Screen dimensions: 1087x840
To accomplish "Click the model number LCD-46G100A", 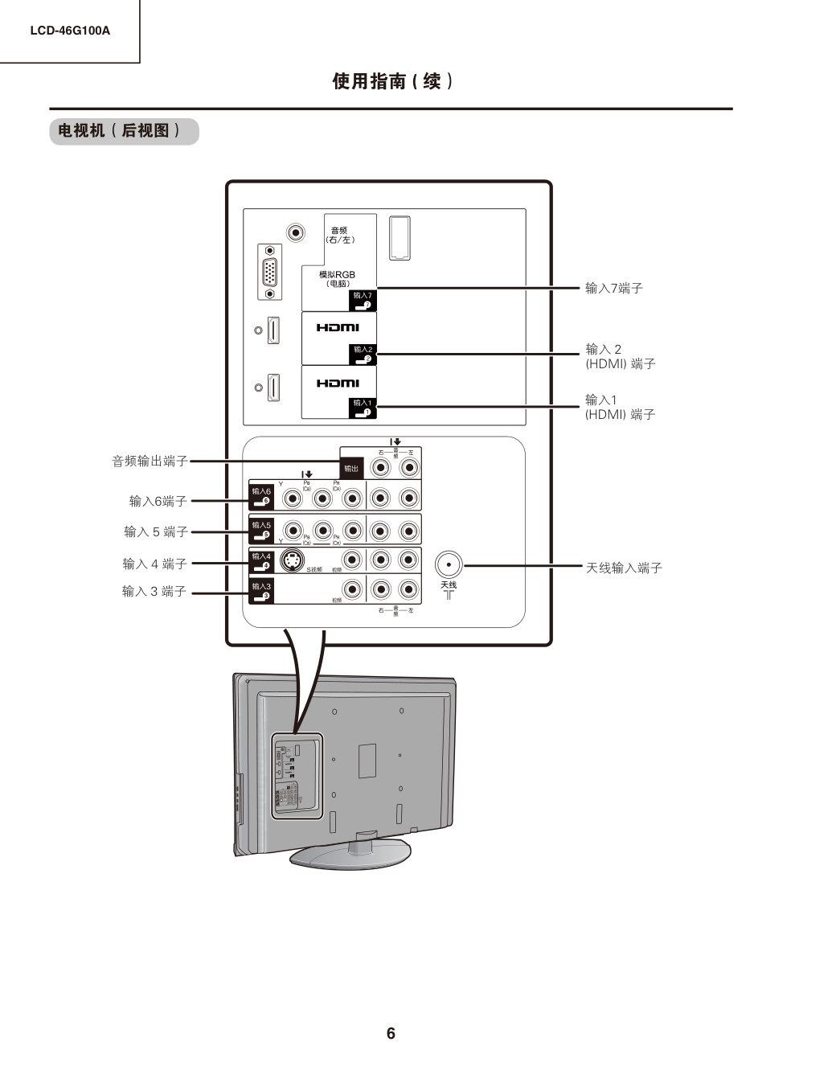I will pyautogui.click(x=70, y=31).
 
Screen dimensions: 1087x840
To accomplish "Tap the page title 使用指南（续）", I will pyautogui.click(x=393, y=81).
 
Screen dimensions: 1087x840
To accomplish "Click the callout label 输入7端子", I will pyautogui.click(x=613, y=288).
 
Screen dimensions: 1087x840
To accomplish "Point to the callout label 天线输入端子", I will pyautogui.click(x=624, y=568).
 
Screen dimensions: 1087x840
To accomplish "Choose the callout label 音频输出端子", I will pyautogui.click(x=150, y=461).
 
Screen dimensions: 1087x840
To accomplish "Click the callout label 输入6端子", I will pyautogui.click(x=158, y=501).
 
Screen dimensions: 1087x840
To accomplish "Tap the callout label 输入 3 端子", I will pyautogui.click(x=154, y=591).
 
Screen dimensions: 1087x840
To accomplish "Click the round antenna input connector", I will pyautogui.click(x=449, y=564).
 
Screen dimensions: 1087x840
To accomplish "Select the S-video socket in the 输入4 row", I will pyautogui.click(x=293, y=560).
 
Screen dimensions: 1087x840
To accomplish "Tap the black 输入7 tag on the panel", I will pyautogui.click(x=363, y=300).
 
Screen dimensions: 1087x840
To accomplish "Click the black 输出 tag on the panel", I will pyautogui.click(x=351, y=468).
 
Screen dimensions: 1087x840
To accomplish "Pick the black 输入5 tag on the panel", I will pyautogui.click(x=261, y=528).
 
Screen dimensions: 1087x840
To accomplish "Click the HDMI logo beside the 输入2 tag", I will pyautogui.click(x=338, y=327).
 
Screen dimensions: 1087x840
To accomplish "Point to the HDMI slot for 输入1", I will pyautogui.click(x=273, y=387).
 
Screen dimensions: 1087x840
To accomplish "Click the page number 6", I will pyautogui.click(x=391, y=1033).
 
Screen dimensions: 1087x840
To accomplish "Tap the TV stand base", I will pyautogui.click(x=351, y=853).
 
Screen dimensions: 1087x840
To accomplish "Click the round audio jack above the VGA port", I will pyautogui.click(x=297, y=233).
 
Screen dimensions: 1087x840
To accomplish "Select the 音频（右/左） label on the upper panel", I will pyautogui.click(x=340, y=235).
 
